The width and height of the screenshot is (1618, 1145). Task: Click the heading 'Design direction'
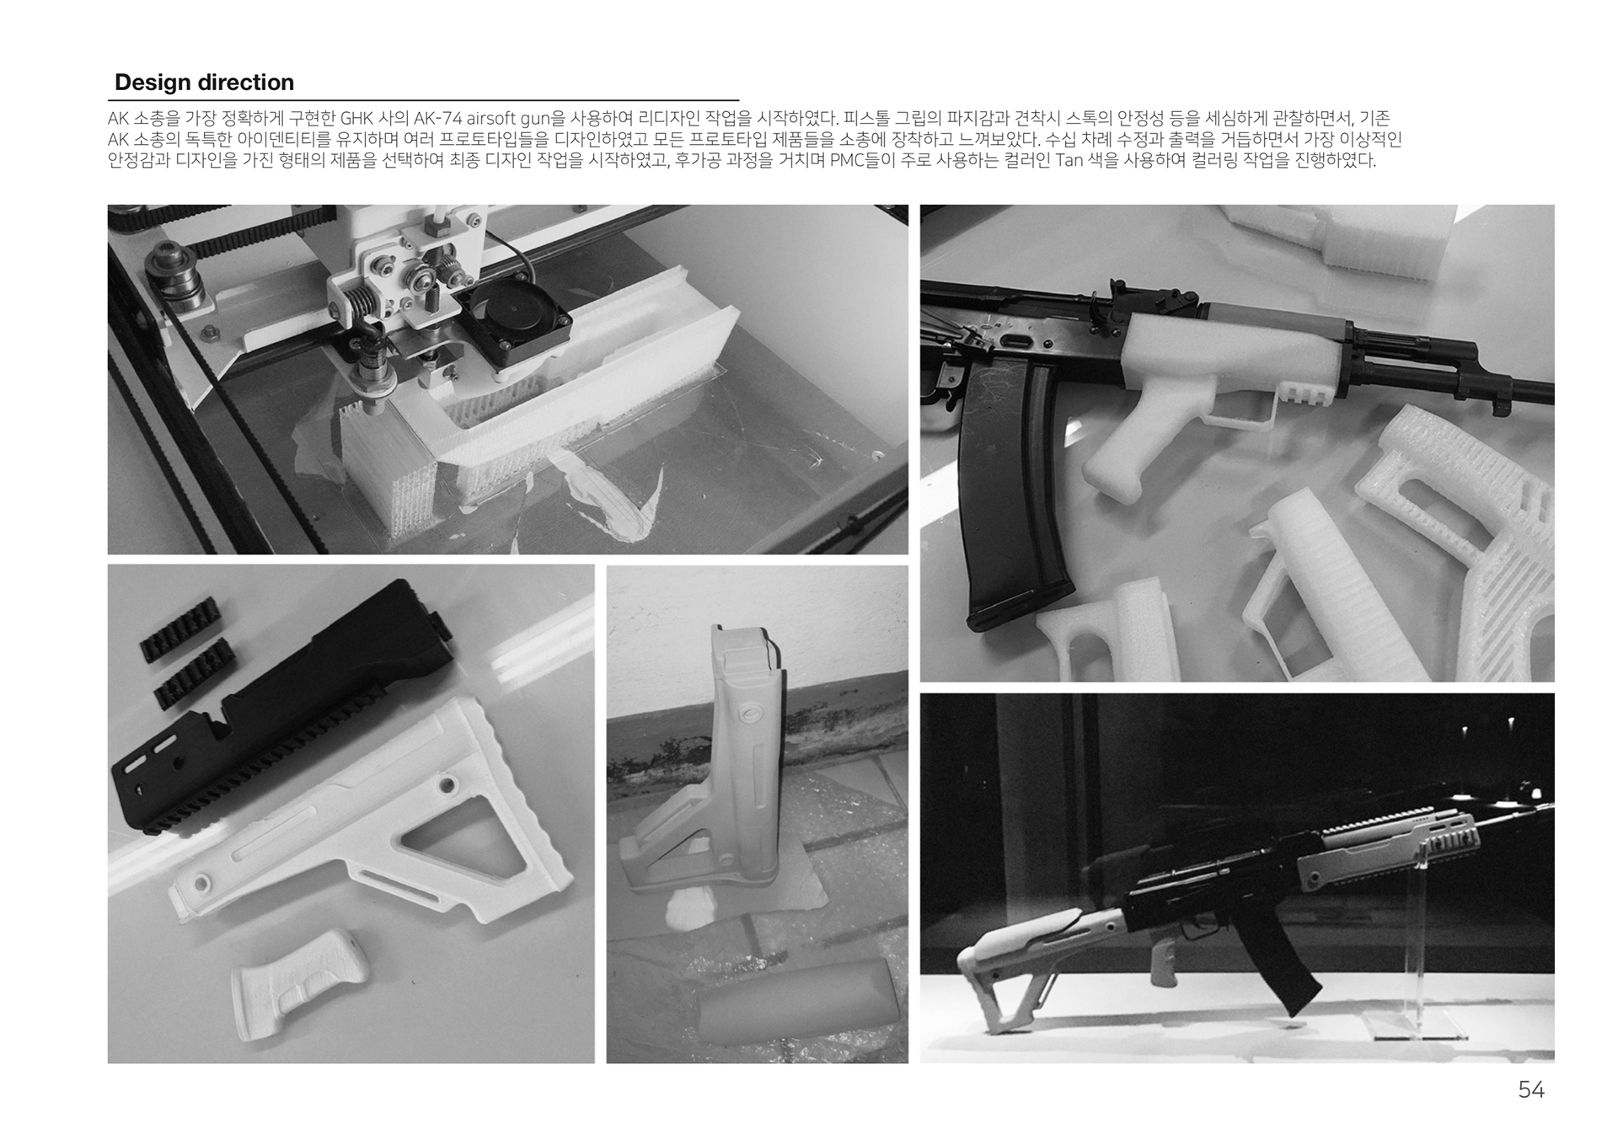[204, 83]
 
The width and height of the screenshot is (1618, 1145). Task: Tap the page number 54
[1531, 1090]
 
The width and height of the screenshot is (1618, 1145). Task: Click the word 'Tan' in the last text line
[1069, 160]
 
